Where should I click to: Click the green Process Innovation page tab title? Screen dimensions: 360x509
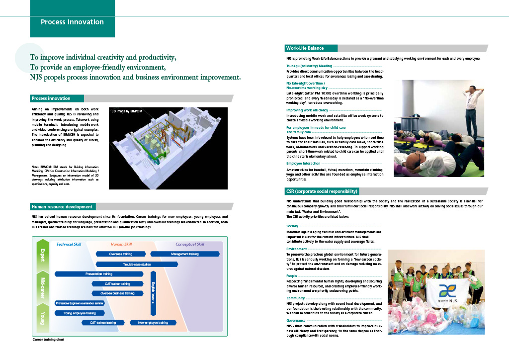(x=72, y=22)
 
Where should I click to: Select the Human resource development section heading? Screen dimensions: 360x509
(x=62, y=206)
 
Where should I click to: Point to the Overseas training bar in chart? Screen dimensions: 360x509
(x=121, y=254)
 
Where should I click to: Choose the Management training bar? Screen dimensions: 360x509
(x=184, y=254)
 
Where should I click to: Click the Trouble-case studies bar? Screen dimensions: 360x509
(x=137, y=265)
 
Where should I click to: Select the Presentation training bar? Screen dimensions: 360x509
(x=98, y=274)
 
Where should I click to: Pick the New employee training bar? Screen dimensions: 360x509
(x=153, y=323)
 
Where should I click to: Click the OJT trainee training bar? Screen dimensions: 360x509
(x=103, y=323)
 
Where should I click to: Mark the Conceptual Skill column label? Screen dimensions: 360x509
(x=189, y=244)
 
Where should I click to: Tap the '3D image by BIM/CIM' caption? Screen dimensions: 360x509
(x=127, y=111)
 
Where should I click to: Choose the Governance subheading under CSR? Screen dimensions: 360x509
(x=296, y=321)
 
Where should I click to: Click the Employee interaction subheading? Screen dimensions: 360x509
(x=303, y=164)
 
